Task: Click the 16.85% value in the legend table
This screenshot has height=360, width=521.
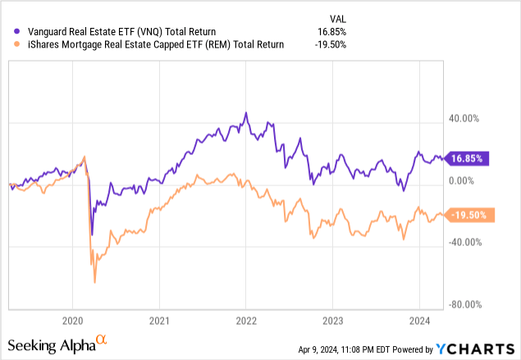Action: tap(331, 31)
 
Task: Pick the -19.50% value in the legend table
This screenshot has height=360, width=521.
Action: tap(330, 45)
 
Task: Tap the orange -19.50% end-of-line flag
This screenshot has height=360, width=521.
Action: tap(469, 215)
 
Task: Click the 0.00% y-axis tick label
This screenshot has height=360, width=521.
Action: tap(463, 180)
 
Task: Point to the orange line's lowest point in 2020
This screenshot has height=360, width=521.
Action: tap(94, 282)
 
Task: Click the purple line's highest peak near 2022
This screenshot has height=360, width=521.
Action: tap(245, 113)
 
